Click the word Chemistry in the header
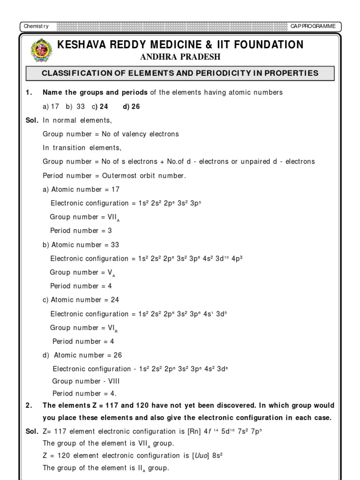pyautogui.click(x=37, y=26)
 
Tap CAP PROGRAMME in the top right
pyautogui.click(x=313, y=26)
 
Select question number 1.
pyautogui.click(x=29, y=93)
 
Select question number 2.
pyautogui.click(x=29, y=405)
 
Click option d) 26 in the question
pyautogui.click(x=131, y=106)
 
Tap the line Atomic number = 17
pyautogui.click(x=81, y=189)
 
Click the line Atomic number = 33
pyautogui.click(x=81, y=245)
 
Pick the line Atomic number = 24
pyautogui.click(x=81, y=300)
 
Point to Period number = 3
pyautogui.click(x=81, y=231)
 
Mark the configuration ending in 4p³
pyautogui.click(x=146, y=258)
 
